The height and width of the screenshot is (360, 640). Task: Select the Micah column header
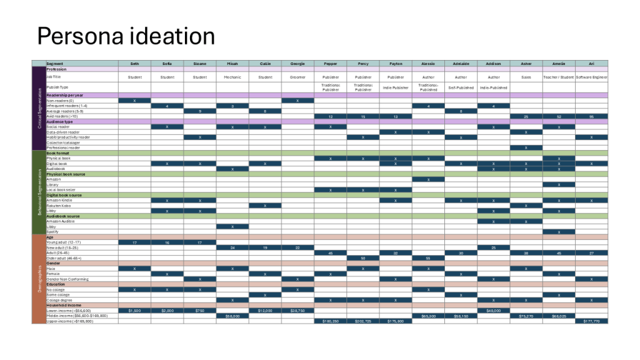pos(232,64)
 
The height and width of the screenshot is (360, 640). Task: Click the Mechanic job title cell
pos(232,77)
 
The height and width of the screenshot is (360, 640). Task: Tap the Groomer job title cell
pos(297,77)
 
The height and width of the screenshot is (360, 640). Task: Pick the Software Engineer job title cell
pos(591,77)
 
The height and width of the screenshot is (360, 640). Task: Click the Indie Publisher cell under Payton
pos(396,88)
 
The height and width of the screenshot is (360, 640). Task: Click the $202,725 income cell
pos(363,321)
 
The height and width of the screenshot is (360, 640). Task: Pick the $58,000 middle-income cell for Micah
pos(232,316)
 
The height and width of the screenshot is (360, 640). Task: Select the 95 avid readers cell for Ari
pos(591,116)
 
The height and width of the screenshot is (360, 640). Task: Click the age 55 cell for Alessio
pos(428,257)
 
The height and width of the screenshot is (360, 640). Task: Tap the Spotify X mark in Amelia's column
pos(559,231)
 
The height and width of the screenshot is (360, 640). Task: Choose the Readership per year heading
pos(65,95)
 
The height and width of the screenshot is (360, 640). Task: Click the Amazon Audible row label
pos(61,221)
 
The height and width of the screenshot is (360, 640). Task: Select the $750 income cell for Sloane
pos(200,310)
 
